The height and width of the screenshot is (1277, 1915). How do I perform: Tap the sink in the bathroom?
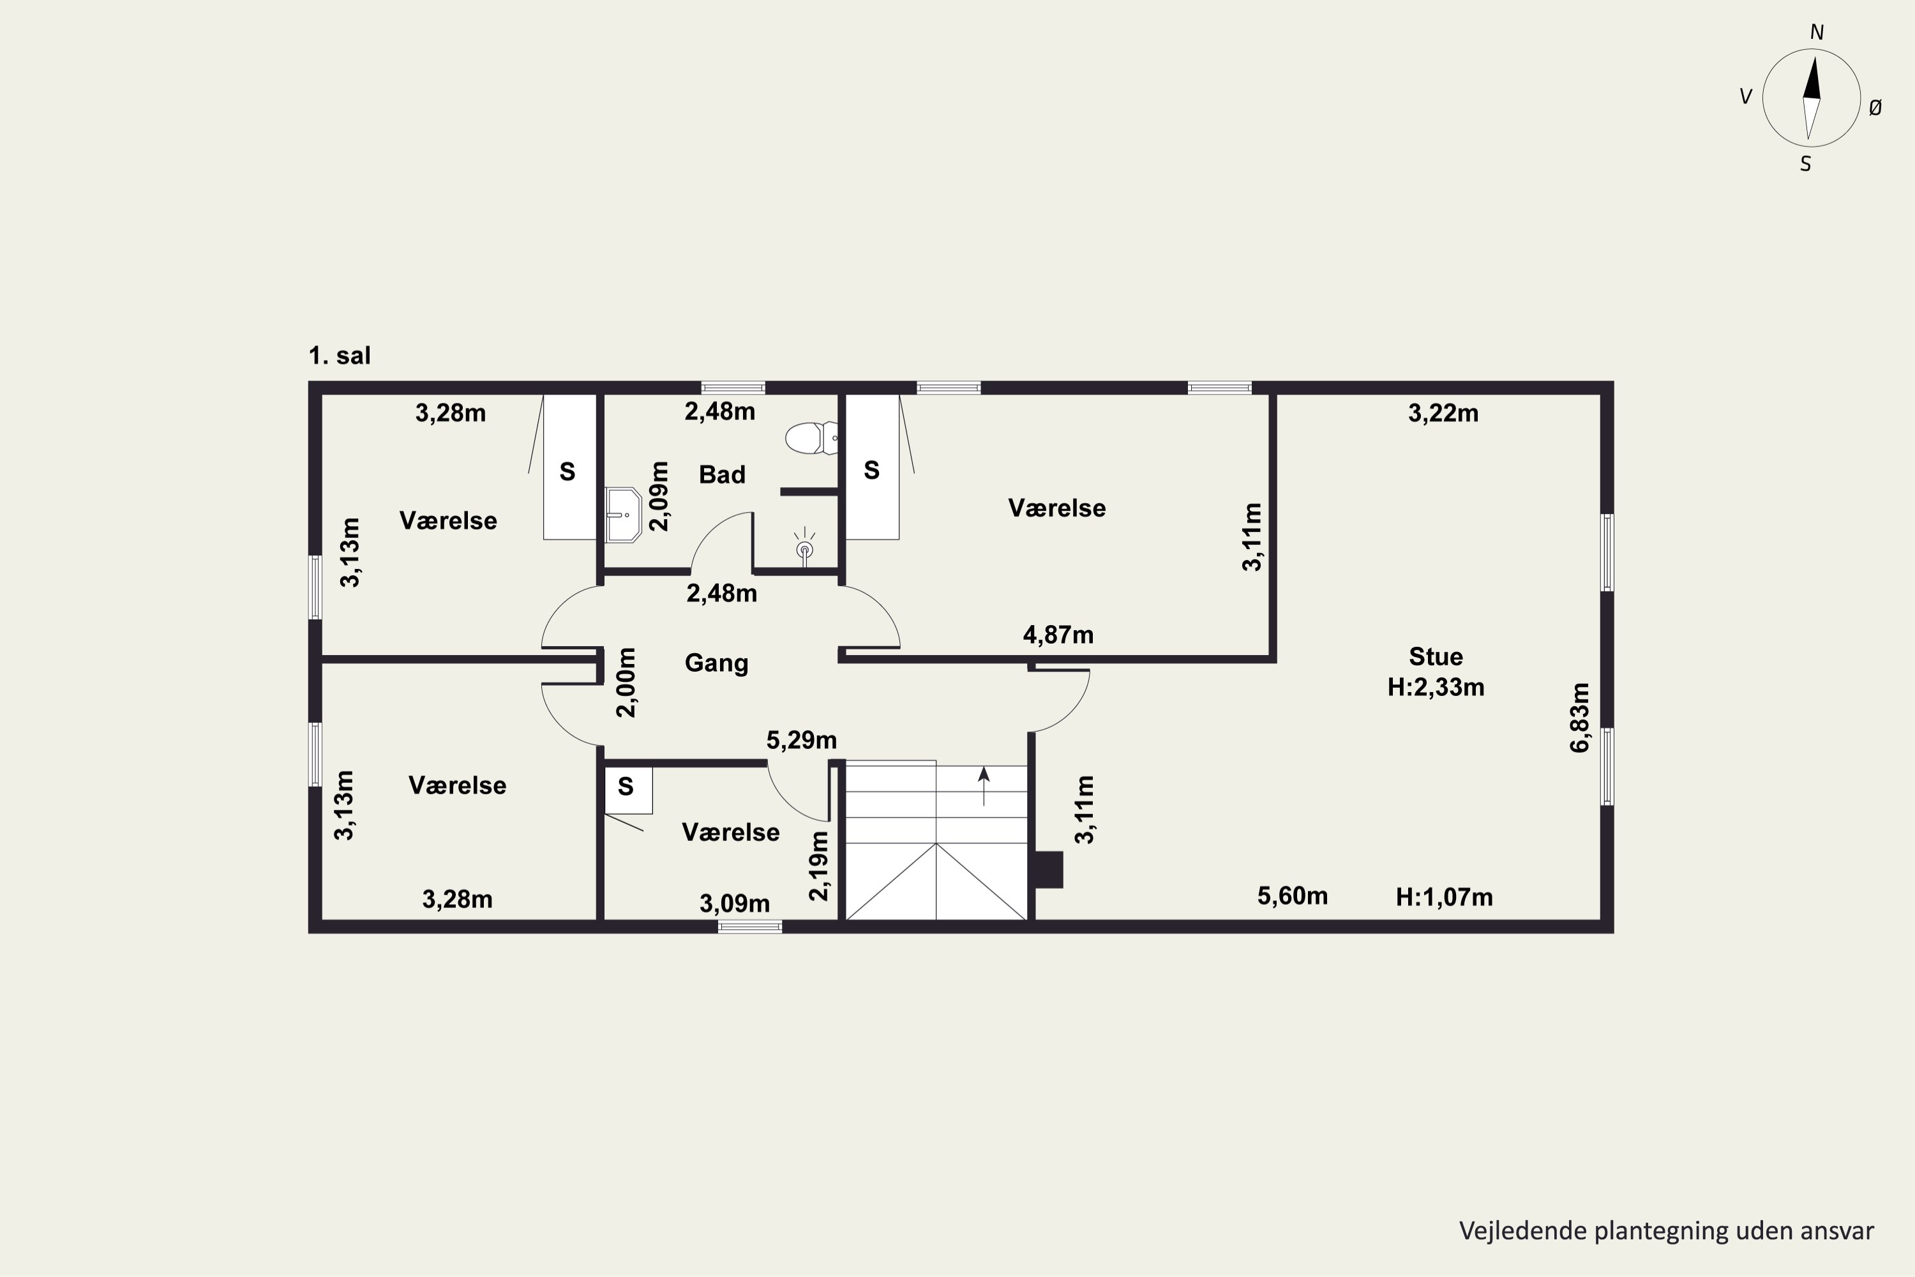coord(624,515)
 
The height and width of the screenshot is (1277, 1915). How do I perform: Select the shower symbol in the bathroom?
coord(804,546)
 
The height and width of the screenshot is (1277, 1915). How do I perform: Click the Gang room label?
coord(716,663)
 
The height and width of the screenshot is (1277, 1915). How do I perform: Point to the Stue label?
coord(1436,656)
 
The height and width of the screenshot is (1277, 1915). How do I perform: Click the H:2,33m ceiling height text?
coord(1436,688)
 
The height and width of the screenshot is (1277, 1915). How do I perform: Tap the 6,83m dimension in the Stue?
coord(1579,718)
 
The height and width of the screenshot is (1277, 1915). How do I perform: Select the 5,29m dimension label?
coord(801,740)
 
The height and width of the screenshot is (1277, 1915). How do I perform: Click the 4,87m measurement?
coord(1058,635)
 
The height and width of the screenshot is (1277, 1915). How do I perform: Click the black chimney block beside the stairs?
coord(1049,870)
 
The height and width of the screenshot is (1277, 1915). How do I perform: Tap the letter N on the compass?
coord(1817,33)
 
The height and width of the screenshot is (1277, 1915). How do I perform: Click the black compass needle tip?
coord(1814,57)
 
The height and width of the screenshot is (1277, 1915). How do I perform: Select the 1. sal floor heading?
coord(340,356)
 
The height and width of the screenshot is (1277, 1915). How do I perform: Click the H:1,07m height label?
coord(1445,898)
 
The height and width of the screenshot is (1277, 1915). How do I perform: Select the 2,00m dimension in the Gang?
coord(626,683)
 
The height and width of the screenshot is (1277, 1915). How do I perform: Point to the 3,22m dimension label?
coord(1443,414)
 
